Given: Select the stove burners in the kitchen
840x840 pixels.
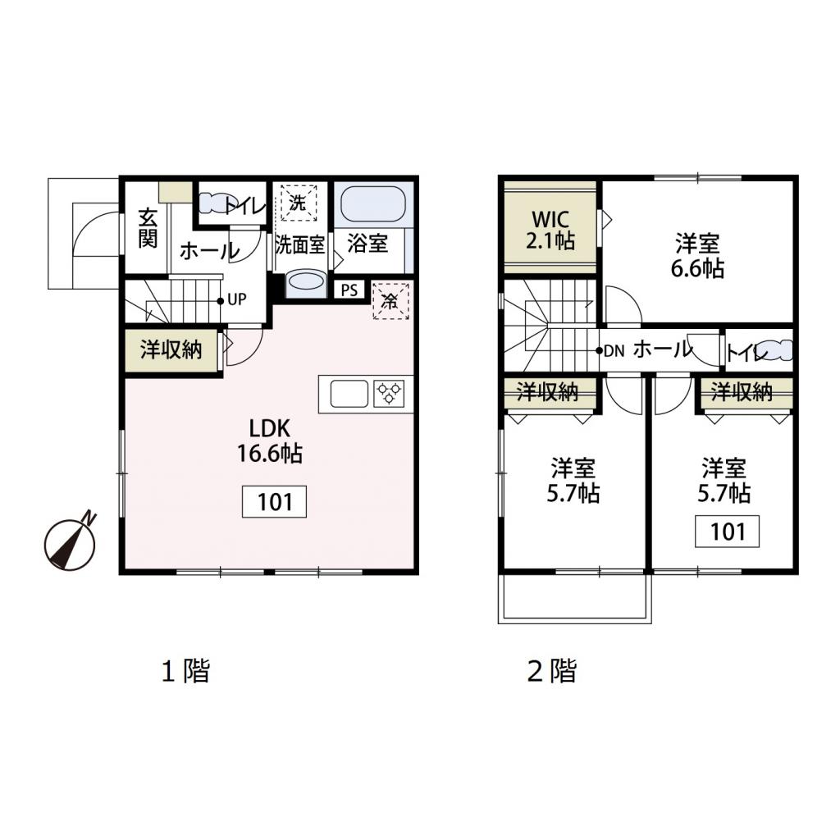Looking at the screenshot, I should click(x=388, y=394).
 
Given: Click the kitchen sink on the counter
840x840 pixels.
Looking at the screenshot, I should click(x=349, y=395).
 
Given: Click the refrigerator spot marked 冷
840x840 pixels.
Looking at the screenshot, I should click(x=390, y=301).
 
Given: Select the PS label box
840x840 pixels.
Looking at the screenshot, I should click(x=349, y=290).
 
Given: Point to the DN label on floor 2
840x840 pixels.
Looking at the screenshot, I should click(x=614, y=350).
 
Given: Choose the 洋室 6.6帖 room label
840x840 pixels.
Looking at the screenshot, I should click(x=699, y=255).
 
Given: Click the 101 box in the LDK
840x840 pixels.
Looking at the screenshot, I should click(x=275, y=502).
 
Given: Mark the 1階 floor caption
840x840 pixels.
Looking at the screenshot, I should click(x=185, y=671).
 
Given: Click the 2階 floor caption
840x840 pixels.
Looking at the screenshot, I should click(x=551, y=671).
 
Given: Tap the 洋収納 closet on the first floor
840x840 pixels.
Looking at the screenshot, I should click(x=171, y=350).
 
